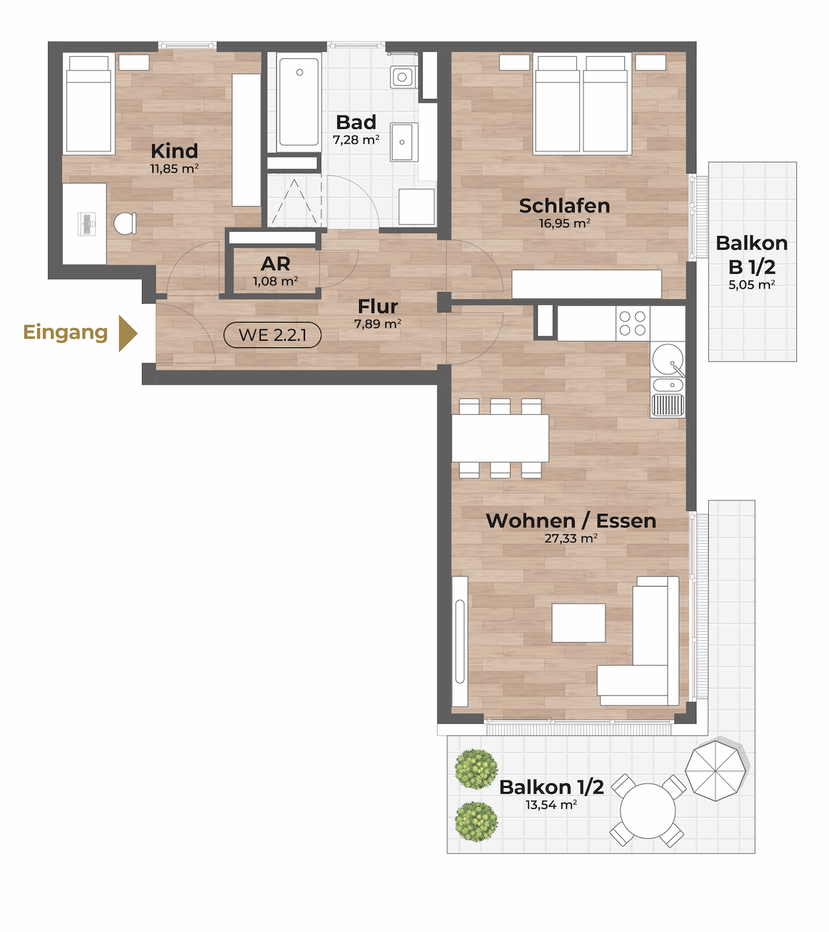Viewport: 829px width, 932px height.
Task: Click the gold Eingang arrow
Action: pos(127,333)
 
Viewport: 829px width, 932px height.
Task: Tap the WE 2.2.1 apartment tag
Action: pos(272,336)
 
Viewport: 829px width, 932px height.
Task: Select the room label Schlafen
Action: pos(565,205)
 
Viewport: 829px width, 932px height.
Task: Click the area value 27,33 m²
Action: pos(571,538)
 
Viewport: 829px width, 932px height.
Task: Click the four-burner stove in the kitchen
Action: pos(632,323)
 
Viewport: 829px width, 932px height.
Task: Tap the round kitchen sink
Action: pos(668,359)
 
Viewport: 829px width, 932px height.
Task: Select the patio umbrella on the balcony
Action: pos(715,770)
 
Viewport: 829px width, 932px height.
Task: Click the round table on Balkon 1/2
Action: pos(647,811)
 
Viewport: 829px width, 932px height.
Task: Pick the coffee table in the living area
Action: pos(578,623)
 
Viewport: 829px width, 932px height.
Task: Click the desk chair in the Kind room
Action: pos(125,224)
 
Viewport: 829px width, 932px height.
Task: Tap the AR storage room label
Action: pos(275,264)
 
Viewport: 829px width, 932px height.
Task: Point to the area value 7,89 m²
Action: pos(377,324)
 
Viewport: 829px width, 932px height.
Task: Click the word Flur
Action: pos(377,307)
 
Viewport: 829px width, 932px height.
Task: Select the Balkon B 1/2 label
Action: pos(752,255)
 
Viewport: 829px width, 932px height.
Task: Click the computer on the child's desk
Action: pos(87,224)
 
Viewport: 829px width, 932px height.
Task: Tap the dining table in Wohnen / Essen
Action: pos(500,438)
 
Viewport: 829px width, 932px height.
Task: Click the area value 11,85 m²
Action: pos(174,168)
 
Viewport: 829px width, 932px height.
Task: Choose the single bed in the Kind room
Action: pos(89,103)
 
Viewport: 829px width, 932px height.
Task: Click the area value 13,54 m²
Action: pos(551,805)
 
